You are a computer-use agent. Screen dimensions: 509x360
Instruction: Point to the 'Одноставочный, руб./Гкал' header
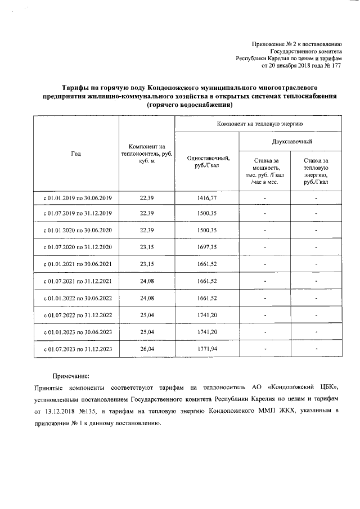point(208,161)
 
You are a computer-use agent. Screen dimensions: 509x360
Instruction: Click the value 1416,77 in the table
point(208,198)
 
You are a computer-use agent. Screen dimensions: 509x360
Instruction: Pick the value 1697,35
point(208,247)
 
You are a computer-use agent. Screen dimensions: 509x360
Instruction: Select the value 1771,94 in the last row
point(208,349)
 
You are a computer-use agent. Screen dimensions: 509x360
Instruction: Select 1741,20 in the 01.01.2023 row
point(208,332)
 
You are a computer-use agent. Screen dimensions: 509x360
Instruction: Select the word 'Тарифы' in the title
point(75,88)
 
